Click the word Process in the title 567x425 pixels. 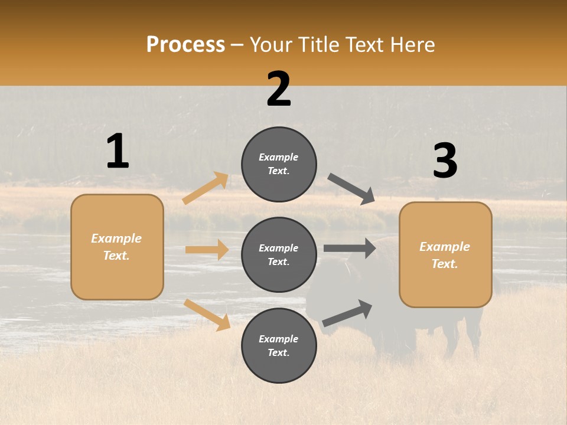pyautogui.click(x=185, y=44)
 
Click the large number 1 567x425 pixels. pyautogui.click(x=118, y=151)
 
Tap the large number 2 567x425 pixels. pyautogui.click(x=279, y=89)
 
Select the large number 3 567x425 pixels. pyautogui.click(x=445, y=161)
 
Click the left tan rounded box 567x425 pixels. pyautogui.click(x=117, y=247)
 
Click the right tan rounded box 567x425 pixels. pyautogui.click(x=445, y=254)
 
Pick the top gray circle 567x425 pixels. pyautogui.click(x=279, y=164)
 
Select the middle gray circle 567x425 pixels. pyautogui.click(x=279, y=254)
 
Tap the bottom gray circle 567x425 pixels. pyautogui.click(x=279, y=345)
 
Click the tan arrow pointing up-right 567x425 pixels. pyautogui.click(x=206, y=188)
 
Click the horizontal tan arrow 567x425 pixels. pyautogui.click(x=207, y=250)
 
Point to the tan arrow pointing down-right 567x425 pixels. pyautogui.click(x=207, y=315)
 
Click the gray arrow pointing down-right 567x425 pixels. pyautogui.click(x=351, y=188)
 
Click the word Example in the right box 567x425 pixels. pyautogui.click(x=445, y=247)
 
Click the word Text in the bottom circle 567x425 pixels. pyautogui.click(x=278, y=352)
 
